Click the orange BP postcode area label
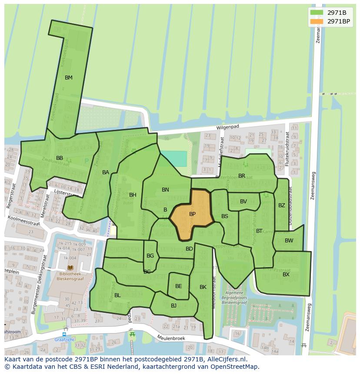coord(192,214)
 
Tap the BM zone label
coord(68,78)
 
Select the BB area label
coord(60,158)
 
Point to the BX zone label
coord(286,275)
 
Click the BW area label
coord(289,241)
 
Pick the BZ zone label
coord(281,205)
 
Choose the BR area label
coord(242,176)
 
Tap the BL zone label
coord(117,295)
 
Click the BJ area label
coord(173,306)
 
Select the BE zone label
coord(178,286)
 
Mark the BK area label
coord(203,287)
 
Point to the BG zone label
coord(150,256)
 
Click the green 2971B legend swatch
coord(317,13)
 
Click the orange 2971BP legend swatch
coord(317,21)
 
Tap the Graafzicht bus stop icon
coord(64,334)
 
